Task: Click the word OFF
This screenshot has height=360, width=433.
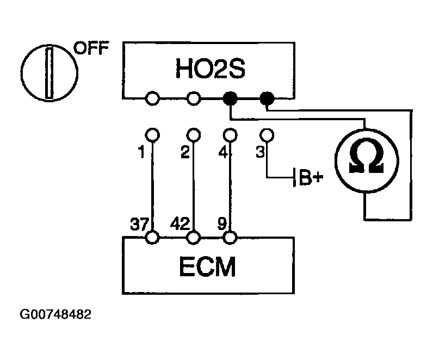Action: click(x=91, y=48)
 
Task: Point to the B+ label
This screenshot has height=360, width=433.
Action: click(x=311, y=178)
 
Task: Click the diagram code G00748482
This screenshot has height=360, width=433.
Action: click(x=55, y=315)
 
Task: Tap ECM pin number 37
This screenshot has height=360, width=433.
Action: click(x=138, y=223)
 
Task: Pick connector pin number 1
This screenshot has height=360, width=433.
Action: click(x=141, y=153)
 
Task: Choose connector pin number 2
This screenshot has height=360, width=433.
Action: click(x=185, y=153)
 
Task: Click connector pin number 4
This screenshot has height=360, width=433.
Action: click(x=222, y=153)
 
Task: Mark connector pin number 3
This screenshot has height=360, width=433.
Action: click(x=260, y=153)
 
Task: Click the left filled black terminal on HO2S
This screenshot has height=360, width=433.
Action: click(x=231, y=98)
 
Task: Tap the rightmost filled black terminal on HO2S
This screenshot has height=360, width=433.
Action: click(x=267, y=98)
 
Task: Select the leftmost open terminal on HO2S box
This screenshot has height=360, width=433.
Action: click(x=153, y=98)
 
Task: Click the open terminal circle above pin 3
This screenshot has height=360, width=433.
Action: click(x=267, y=134)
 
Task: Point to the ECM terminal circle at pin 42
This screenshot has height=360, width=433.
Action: click(x=194, y=238)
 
